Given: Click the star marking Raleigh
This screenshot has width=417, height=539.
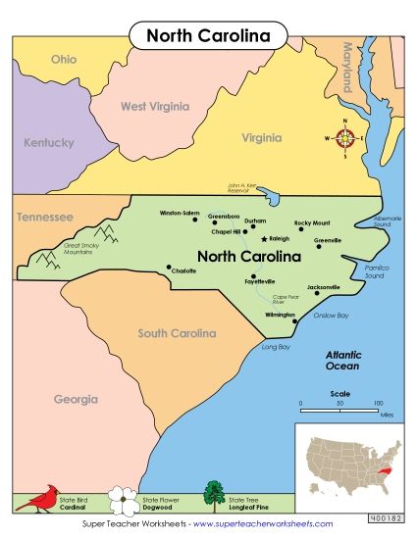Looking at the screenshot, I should [264, 239].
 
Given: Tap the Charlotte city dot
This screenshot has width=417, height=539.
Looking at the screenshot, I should [169, 266].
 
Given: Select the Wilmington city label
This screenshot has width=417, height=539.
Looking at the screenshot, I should [280, 316].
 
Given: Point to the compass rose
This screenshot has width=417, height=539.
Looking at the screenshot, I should [344, 139].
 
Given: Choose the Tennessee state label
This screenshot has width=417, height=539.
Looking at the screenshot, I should [45, 216].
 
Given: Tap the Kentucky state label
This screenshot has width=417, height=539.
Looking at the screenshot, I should [49, 143].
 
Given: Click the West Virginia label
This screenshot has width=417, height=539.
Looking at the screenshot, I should [153, 106].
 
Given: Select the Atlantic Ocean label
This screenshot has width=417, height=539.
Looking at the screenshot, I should [343, 360].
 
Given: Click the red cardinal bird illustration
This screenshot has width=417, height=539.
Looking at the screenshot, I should [37, 500].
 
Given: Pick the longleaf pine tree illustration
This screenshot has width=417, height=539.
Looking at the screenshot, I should [213, 496].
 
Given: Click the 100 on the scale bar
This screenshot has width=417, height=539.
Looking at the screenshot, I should [378, 403].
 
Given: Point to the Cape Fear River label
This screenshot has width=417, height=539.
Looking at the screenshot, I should [284, 299].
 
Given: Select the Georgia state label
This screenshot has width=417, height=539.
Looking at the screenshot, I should [77, 400].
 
